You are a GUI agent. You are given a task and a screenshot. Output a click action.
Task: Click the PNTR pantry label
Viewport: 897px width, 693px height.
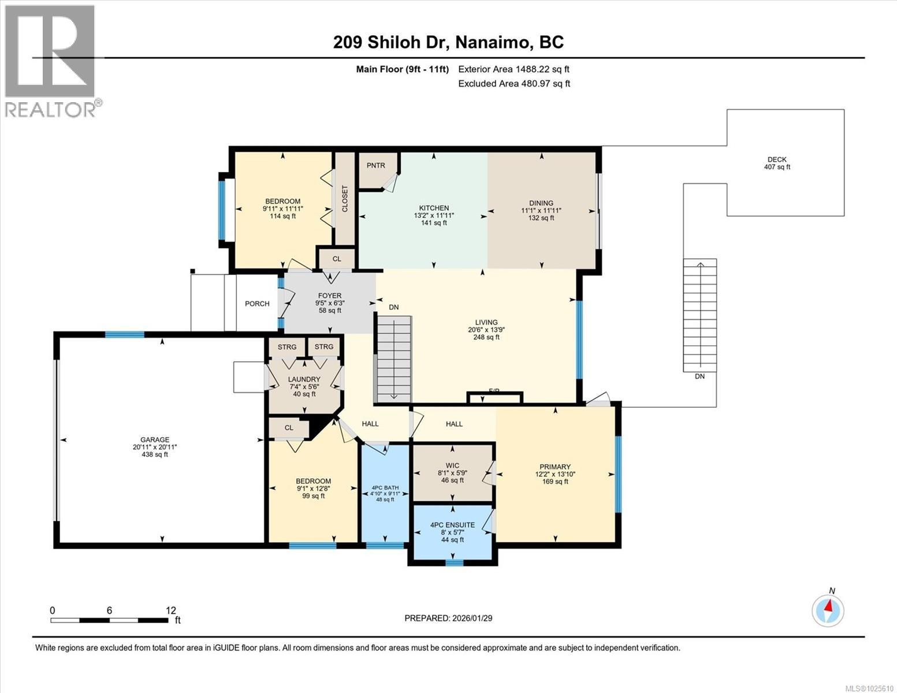pyautogui.click(x=375, y=165)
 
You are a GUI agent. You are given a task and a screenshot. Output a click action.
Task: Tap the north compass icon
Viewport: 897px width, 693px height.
pyautogui.click(x=828, y=610)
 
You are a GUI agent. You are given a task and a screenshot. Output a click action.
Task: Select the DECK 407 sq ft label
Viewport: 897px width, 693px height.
pyautogui.click(x=777, y=163)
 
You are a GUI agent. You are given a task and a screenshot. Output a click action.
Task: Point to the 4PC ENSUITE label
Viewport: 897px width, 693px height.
pyautogui.click(x=452, y=525)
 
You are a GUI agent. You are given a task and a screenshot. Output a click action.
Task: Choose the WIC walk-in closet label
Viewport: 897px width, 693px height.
pyautogui.click(x=452, y=465)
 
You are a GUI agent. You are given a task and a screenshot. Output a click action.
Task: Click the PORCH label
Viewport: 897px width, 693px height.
pyautogui.click(x=257, y=304)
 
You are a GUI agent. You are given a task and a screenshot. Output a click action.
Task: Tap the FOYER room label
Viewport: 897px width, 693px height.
pyautogui.click(x=329, y=296)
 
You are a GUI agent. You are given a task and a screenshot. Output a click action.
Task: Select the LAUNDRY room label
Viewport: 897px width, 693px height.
pyautogui.click(x=304, y=379)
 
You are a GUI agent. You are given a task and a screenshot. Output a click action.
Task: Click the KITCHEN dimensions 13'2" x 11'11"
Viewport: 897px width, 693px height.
pyautogui.click(x=434, y=215)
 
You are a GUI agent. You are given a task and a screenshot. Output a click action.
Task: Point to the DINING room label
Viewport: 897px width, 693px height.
pyautogui.click(x=541, y=203)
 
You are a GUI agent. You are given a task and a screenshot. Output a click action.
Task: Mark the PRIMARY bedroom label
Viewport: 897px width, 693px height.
pyautogui.click(x=554, y=467)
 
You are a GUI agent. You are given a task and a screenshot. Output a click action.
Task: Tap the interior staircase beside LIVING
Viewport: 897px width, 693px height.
pyautogui.click(x=394, y=358)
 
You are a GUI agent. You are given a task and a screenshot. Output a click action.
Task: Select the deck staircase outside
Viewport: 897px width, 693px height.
pyautogui.click(x=699, y=315)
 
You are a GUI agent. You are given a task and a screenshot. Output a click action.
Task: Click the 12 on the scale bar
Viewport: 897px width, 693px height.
pyautogui.click(x=171, y=610)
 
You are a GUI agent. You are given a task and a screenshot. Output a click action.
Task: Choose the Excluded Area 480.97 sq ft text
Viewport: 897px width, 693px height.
pyautogui.click(x=514, y=84)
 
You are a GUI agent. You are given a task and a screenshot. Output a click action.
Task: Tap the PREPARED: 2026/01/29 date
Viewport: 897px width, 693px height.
pyautogui.click(x=448, y=618)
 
